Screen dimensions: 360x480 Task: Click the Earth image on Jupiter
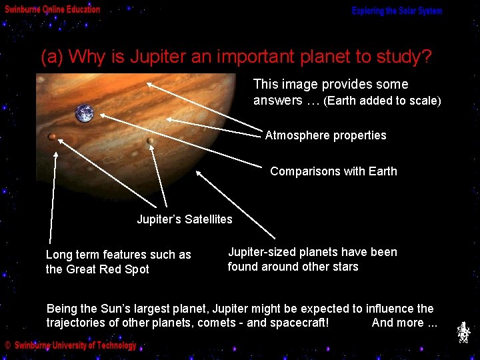pos(85,113)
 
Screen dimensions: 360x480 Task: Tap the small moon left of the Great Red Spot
pos(52,137)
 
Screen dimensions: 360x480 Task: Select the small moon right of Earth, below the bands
pos(151,141)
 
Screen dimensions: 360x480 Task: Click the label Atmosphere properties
pos(325,135)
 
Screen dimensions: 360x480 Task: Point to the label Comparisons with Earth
pos(333,171)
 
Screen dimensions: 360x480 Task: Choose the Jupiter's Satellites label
pos(185,219)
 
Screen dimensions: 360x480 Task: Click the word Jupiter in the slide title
pos(159,57)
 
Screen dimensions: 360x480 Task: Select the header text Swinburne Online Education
pos(53,9)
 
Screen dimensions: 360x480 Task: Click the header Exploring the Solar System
pos(397,11)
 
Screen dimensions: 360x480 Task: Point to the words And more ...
pos(404,323)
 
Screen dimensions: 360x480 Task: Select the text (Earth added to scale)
pos(382,101)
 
